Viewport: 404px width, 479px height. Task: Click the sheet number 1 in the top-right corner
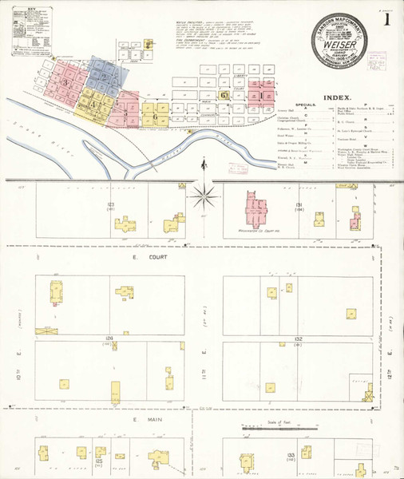386,19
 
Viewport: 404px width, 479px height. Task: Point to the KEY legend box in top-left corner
29,31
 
